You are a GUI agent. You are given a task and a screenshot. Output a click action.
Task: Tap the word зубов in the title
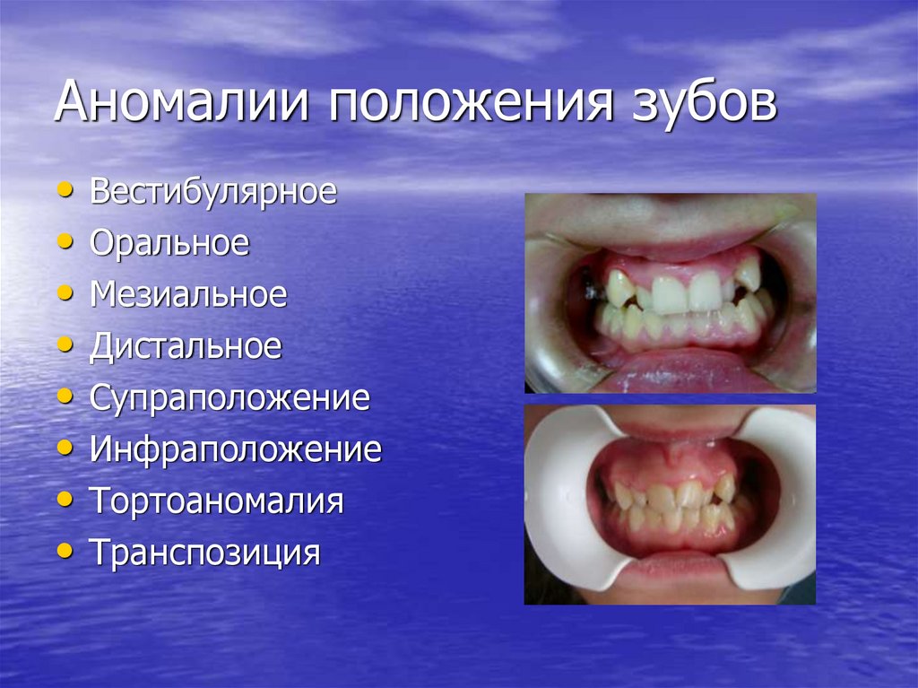[x=697, y=105]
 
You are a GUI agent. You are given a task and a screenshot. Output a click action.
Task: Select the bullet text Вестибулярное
[x=213, y=192]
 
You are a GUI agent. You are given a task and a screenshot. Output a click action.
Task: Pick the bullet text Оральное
[x=169, y=244]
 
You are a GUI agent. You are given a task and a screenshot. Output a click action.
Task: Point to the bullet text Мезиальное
[x=188, y=295]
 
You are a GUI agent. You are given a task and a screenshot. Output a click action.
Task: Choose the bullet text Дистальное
[x=186, y=346]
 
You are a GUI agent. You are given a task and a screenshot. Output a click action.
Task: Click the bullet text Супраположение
[x=229, y=398]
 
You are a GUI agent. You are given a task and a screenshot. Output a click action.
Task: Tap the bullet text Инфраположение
[x=236, y=449]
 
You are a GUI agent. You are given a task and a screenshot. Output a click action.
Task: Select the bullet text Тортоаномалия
[x=216, y=501]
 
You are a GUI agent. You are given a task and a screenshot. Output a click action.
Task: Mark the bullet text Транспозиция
[x=204, y=553]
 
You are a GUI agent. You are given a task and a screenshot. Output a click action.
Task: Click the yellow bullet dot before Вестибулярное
[x=64, y=191]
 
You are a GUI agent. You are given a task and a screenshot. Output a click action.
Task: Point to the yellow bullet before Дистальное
[x=64, y=345]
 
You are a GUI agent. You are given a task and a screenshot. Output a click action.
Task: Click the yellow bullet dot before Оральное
[x=64, y=242]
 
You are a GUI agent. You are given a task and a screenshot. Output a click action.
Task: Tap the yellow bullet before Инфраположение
[x=64, y=448]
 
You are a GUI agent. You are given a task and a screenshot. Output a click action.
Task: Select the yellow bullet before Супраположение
[x=64, y=396]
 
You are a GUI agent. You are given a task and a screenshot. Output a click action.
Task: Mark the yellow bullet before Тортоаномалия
[x=64, y=499]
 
